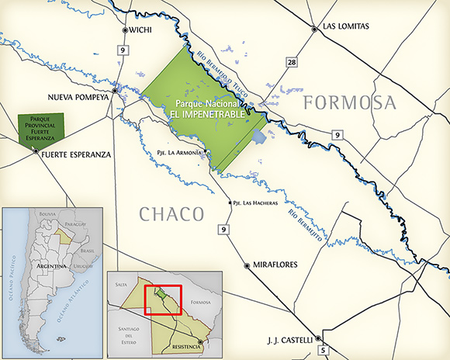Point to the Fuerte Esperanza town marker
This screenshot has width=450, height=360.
point(35,153)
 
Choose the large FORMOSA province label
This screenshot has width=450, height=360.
point(349,102)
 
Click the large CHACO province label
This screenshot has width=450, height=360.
point(171,213)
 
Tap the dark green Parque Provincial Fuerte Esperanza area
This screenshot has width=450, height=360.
point(40,127)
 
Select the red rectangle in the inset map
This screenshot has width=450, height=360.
point(163,300)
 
